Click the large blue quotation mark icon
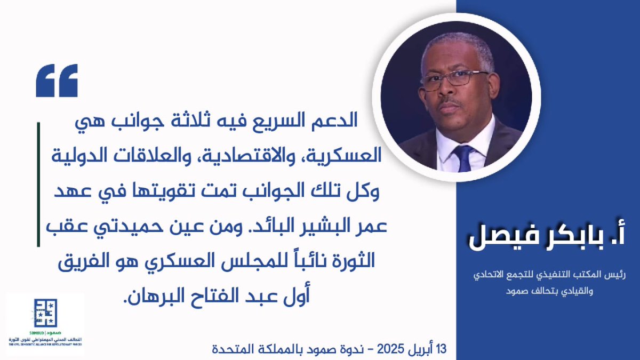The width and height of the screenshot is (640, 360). pyautogui.click(x=57, y=81)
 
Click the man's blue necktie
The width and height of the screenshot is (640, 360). pyautogui.click(x=463, y=158)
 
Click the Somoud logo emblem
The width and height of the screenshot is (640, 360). pyautogui.click(x=44, y=313)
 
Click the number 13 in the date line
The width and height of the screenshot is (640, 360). pyautogui.click(x=440, y=350)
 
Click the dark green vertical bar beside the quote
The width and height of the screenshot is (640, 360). pyautogui.click(x=39, y=185)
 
